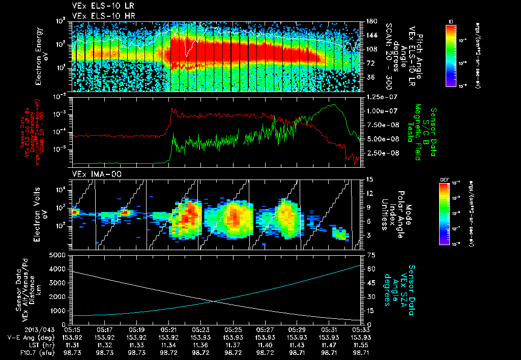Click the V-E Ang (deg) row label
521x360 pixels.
pyautogui.click(x=30, y=337)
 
